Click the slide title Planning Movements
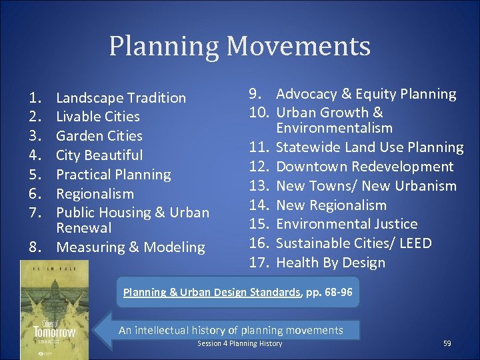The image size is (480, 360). tap(239, 47)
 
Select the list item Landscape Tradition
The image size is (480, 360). tap(121, 98)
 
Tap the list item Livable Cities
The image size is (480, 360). tap(97, 117)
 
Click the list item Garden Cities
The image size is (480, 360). tap(99, 136)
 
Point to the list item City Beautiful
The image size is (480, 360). tap(99, 155)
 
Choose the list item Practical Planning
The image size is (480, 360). tap(113, 175)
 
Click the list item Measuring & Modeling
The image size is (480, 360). tap(131, 247)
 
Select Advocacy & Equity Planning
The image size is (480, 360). tap(366, 94)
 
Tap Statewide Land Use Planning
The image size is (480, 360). tap(369, 147)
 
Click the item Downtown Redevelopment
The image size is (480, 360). tap(364, 167)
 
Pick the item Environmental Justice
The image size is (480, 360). tap(347, 224)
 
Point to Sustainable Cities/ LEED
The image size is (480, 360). tap(353, 243)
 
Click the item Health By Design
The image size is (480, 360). tap(330, 263)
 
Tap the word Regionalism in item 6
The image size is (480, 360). tap(95, 194)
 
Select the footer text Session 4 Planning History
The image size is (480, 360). tap(239, 343)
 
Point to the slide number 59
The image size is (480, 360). tap(447, 343)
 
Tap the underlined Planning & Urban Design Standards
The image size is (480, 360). tap(211, 292)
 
